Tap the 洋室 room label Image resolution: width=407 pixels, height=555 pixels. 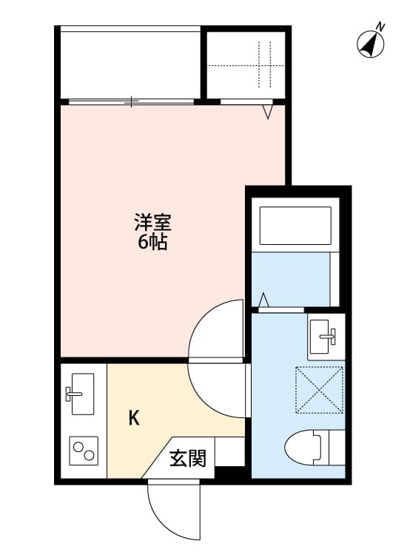[x=154, y=222]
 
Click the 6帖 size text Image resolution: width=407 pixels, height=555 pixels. [x=152, y=241]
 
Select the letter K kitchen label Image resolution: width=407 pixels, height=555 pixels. [x=134, y=418]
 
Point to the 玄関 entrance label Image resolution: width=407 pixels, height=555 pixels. [x=187, y=459]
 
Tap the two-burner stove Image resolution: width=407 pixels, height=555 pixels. [x=83, y=450]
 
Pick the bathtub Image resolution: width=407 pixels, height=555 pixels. [x=294, y=226]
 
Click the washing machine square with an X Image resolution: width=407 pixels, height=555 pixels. [x=320, y=388]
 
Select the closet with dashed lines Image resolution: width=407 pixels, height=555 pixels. [x=245, y=64]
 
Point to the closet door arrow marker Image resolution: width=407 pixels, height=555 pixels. [x=268, y=112]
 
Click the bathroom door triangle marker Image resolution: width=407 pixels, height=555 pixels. [x=264, y=300]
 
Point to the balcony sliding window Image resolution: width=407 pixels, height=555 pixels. [x=130, y=101]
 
